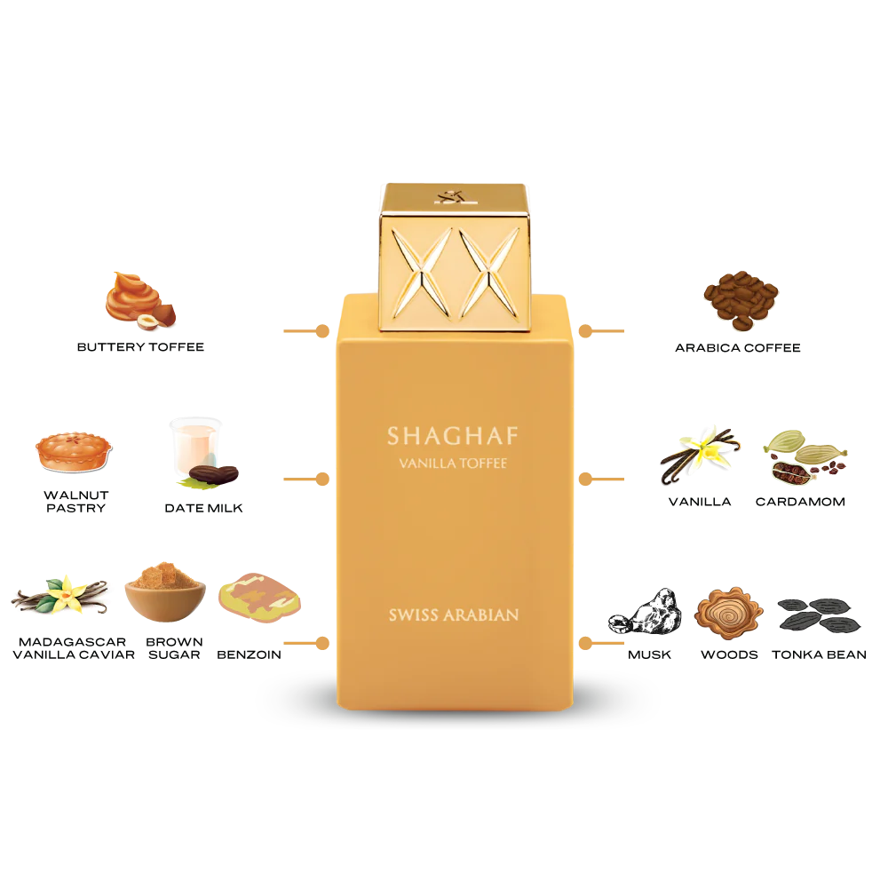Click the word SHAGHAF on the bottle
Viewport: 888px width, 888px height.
tap(453, 437)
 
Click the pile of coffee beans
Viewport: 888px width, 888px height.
tap(741, 298)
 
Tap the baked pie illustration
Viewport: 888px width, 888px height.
tap(73, 451)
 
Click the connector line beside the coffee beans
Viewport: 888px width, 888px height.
tap(602, 330)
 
